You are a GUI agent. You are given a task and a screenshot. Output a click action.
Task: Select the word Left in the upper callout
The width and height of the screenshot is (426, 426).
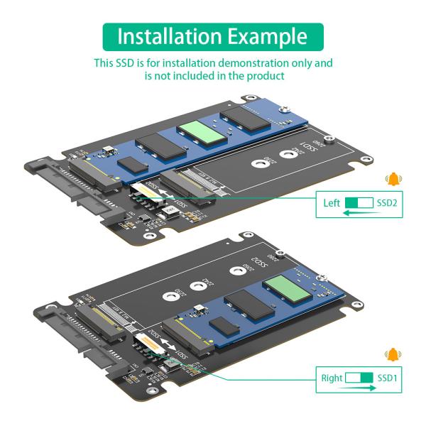tap(332, 203)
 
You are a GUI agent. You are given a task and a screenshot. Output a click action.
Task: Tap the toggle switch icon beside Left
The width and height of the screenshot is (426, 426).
tap(360, 203)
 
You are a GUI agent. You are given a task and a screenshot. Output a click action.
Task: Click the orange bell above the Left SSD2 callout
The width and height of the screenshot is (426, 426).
tap(391, 180)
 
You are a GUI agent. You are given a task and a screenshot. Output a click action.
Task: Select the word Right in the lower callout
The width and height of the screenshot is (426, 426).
tap(331, 378)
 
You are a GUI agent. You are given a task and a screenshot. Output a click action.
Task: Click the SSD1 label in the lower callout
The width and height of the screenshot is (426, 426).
tap(388, 378)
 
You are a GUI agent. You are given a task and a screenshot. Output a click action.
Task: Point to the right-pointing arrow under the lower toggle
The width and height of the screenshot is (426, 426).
tap(360, 388)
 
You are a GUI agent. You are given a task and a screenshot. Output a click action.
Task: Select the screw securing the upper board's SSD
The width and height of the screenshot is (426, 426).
tap(284, 110)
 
